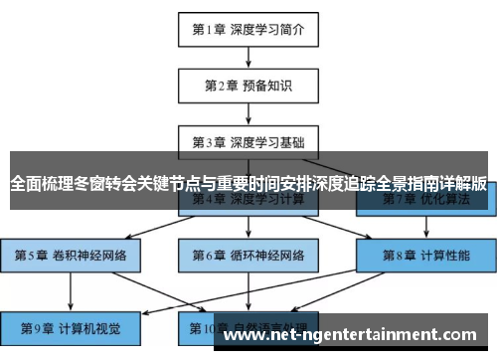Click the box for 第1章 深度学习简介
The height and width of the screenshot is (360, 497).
(x=248, y=29)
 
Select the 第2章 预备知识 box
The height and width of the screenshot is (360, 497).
(x=248, y=85)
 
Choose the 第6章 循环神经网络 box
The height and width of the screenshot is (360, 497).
(x=248, y=254)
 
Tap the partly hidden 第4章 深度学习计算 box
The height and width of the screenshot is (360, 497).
(x=248, y=202)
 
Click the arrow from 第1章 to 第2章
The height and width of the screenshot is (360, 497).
(x=248, y=58)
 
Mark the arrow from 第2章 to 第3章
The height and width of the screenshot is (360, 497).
(x=248, y=113)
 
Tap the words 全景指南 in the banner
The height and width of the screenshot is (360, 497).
(x=400, y=183)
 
